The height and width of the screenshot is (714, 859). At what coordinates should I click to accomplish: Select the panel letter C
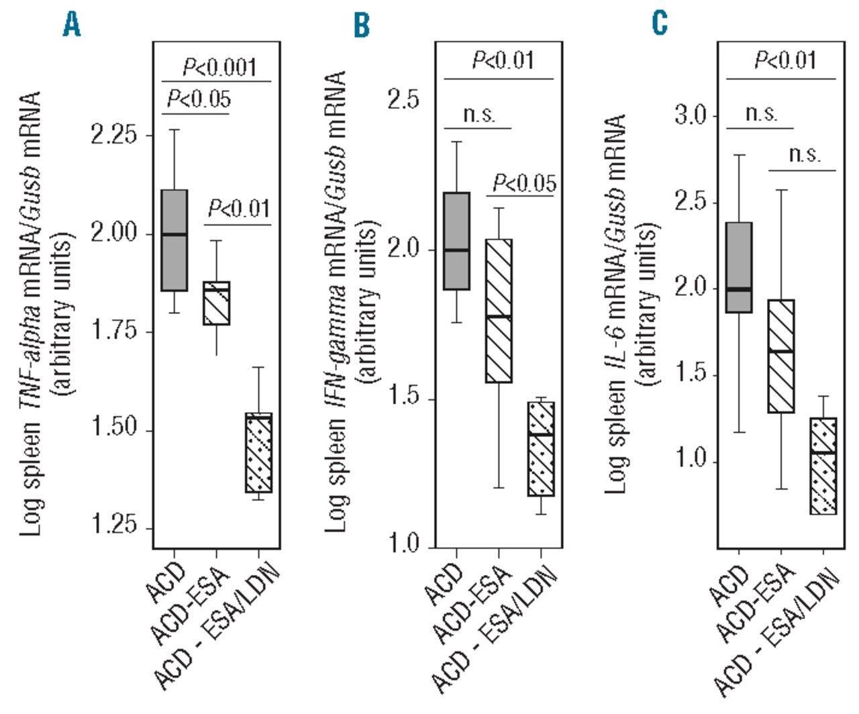pyautogui.click(x=660, y=23)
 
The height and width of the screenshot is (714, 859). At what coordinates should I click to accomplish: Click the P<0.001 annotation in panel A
pyautogui.click(x=219, y=67)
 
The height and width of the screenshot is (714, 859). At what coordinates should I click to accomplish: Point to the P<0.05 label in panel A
pyautogui.click(x=199, y=100)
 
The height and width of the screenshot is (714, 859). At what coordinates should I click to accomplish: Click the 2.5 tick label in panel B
pyautogui.click(x=403, y=101)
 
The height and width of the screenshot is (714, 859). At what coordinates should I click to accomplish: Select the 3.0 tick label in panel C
pyautogui.click(x=690, y=116)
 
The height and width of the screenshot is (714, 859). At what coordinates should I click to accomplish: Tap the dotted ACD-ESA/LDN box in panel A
pyautogui.click(x=258, y=452)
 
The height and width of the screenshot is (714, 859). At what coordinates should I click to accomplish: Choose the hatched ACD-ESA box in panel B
pyautogui.click(x=499, y=311)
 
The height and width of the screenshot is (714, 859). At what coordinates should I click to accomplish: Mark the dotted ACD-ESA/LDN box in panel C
pyautogui.click(x=823, y=466)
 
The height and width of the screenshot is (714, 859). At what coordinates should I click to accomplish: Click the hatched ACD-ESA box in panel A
pyautogui.click(x=216, y=303)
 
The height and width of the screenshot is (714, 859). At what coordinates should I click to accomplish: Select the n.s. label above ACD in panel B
pyautogui.click(x=479, y=114)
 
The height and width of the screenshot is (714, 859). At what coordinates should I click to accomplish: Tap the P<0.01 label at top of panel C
pyautogui.click(x=785, y=60)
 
